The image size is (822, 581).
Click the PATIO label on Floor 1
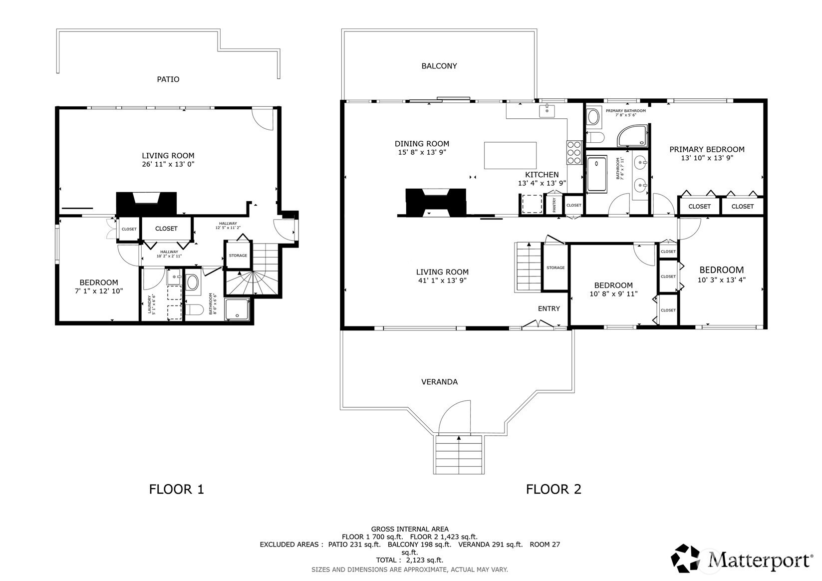168,79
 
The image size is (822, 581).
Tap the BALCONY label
439,66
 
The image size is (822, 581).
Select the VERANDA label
439,382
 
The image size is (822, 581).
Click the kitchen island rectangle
510,156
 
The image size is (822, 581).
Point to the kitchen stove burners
574,152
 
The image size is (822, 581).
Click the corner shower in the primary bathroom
632,136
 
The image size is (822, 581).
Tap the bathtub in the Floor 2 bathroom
597,174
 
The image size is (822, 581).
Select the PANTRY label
554,205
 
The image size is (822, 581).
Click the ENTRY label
549,308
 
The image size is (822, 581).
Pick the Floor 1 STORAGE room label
238,256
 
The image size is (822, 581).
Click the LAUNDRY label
149,304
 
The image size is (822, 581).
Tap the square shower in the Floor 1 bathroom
237,309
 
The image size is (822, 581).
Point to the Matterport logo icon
685,558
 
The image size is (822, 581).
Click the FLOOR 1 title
176,489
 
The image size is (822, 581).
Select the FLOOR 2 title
554,489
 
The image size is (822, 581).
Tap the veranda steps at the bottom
459,455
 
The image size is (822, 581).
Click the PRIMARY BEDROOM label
707,149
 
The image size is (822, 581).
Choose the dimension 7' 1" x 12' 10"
99,291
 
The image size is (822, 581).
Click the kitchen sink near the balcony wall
547,111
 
